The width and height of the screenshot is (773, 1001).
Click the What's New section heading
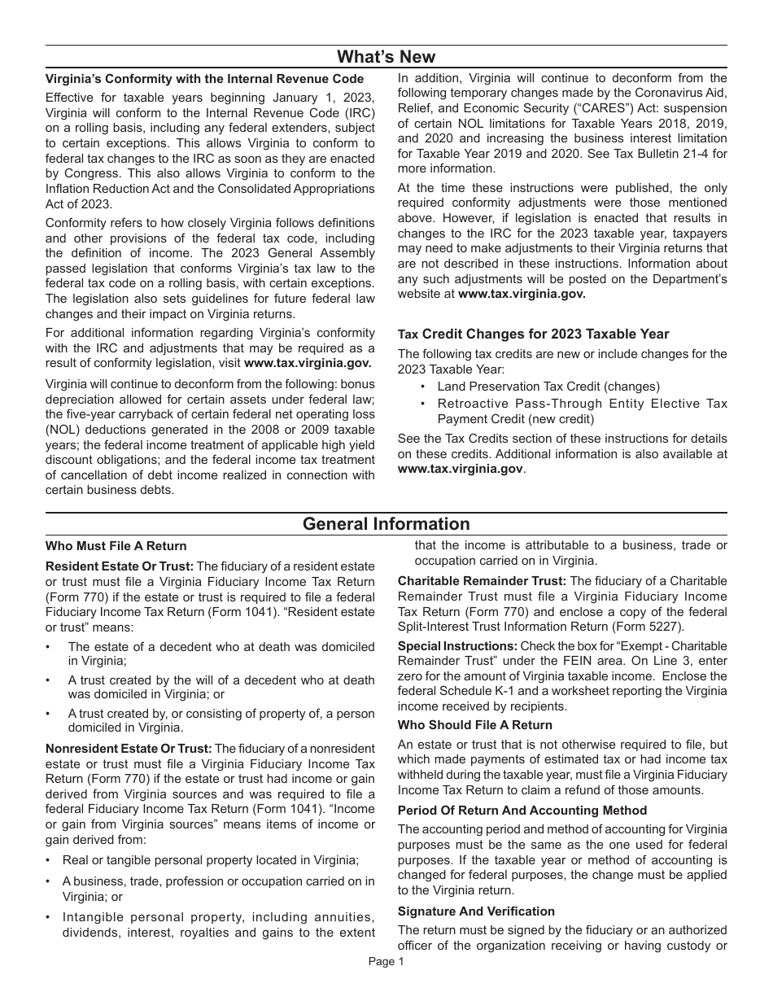pos(386,56)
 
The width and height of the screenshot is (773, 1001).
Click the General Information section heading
pos(386,524)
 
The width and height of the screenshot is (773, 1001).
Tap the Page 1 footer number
pos(386,962)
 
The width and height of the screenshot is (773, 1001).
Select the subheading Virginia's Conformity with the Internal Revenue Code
pos(204,79)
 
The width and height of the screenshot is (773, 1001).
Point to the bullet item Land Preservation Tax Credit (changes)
pos(548,387)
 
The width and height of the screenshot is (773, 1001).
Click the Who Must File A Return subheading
pos(116,546)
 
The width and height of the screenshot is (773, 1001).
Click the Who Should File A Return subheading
pos(474,725)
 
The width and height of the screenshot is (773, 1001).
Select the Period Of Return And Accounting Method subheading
pos(522,811)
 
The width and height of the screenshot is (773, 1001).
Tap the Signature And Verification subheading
pos(476,911)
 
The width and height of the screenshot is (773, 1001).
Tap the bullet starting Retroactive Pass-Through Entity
pos(582,404)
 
